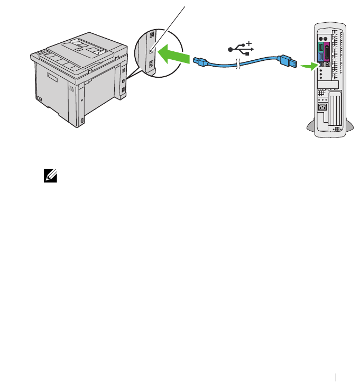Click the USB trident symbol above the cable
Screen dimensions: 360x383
point(241,49)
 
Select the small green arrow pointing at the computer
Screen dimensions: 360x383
point(307,66)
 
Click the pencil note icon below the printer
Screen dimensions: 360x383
point(51,177)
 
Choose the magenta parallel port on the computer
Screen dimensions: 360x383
point(327,53)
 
